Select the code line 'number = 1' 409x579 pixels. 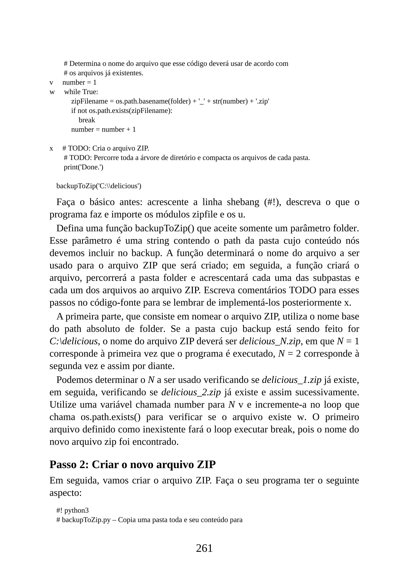(79, 82)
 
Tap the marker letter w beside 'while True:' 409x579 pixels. (52, 92)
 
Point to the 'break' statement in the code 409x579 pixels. (87, 120)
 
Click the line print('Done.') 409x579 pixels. (83, 167)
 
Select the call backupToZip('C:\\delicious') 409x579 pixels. (99, 186)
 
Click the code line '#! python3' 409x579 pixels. (72, 510)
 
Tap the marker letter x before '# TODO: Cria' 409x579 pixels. (51, 149)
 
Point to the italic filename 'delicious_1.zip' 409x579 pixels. (292, 380)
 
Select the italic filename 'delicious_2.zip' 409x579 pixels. (191, 392)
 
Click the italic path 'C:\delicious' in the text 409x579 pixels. (73, 341)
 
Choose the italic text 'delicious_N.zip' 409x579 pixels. (270, 341)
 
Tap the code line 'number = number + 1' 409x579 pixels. (103, 130)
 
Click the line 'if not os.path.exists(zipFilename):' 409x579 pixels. (122, 111)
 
